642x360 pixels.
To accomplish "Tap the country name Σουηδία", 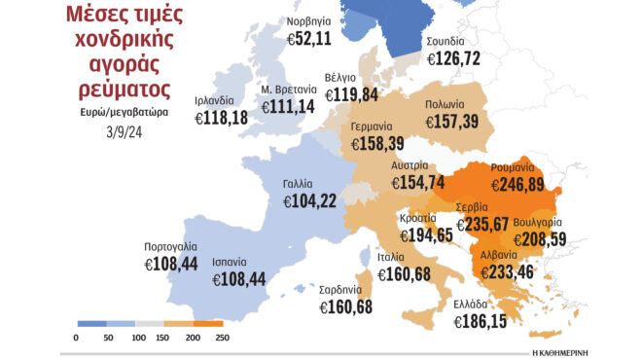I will [446, 42].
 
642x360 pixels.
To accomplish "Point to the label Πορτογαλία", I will [172, 245].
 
